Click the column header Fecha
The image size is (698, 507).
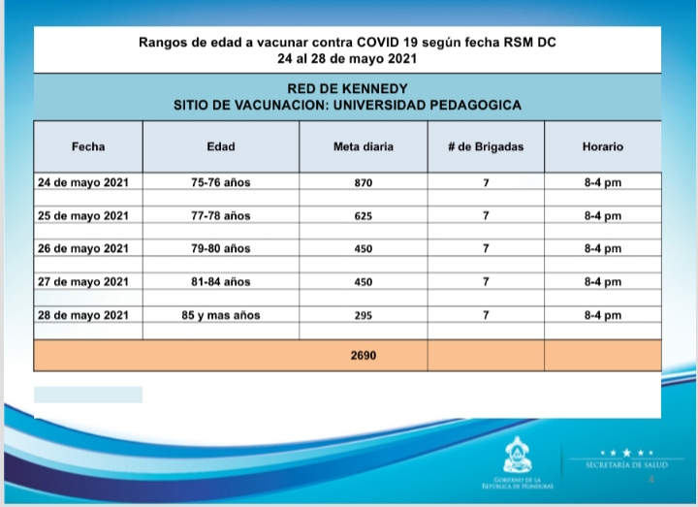tap(88, 146)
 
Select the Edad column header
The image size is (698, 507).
tap(221, 146)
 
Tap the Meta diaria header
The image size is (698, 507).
tap(363, 146)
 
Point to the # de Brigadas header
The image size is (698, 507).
tap(486, 146)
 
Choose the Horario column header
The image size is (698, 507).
tap(603, 146)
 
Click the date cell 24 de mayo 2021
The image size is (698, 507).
tap(83, 182)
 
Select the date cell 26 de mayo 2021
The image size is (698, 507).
tap(83, 249)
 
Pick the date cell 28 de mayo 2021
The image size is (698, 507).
tap(83, 315)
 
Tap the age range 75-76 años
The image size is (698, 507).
tap(221, 182)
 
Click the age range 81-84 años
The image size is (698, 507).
tap(221, 282)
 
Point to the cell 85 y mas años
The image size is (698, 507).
tap(221, 315)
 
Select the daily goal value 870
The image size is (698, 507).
tap(363, 182)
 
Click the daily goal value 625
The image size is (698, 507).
tap(363, 215)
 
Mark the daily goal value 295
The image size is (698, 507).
tap(363, 315)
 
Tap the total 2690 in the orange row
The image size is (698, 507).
tap(363, 356)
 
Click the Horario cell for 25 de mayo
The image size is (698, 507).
tap(603, 215)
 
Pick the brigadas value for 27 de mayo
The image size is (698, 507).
tap(486, 282)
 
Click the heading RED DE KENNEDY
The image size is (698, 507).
tap(347, 88)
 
